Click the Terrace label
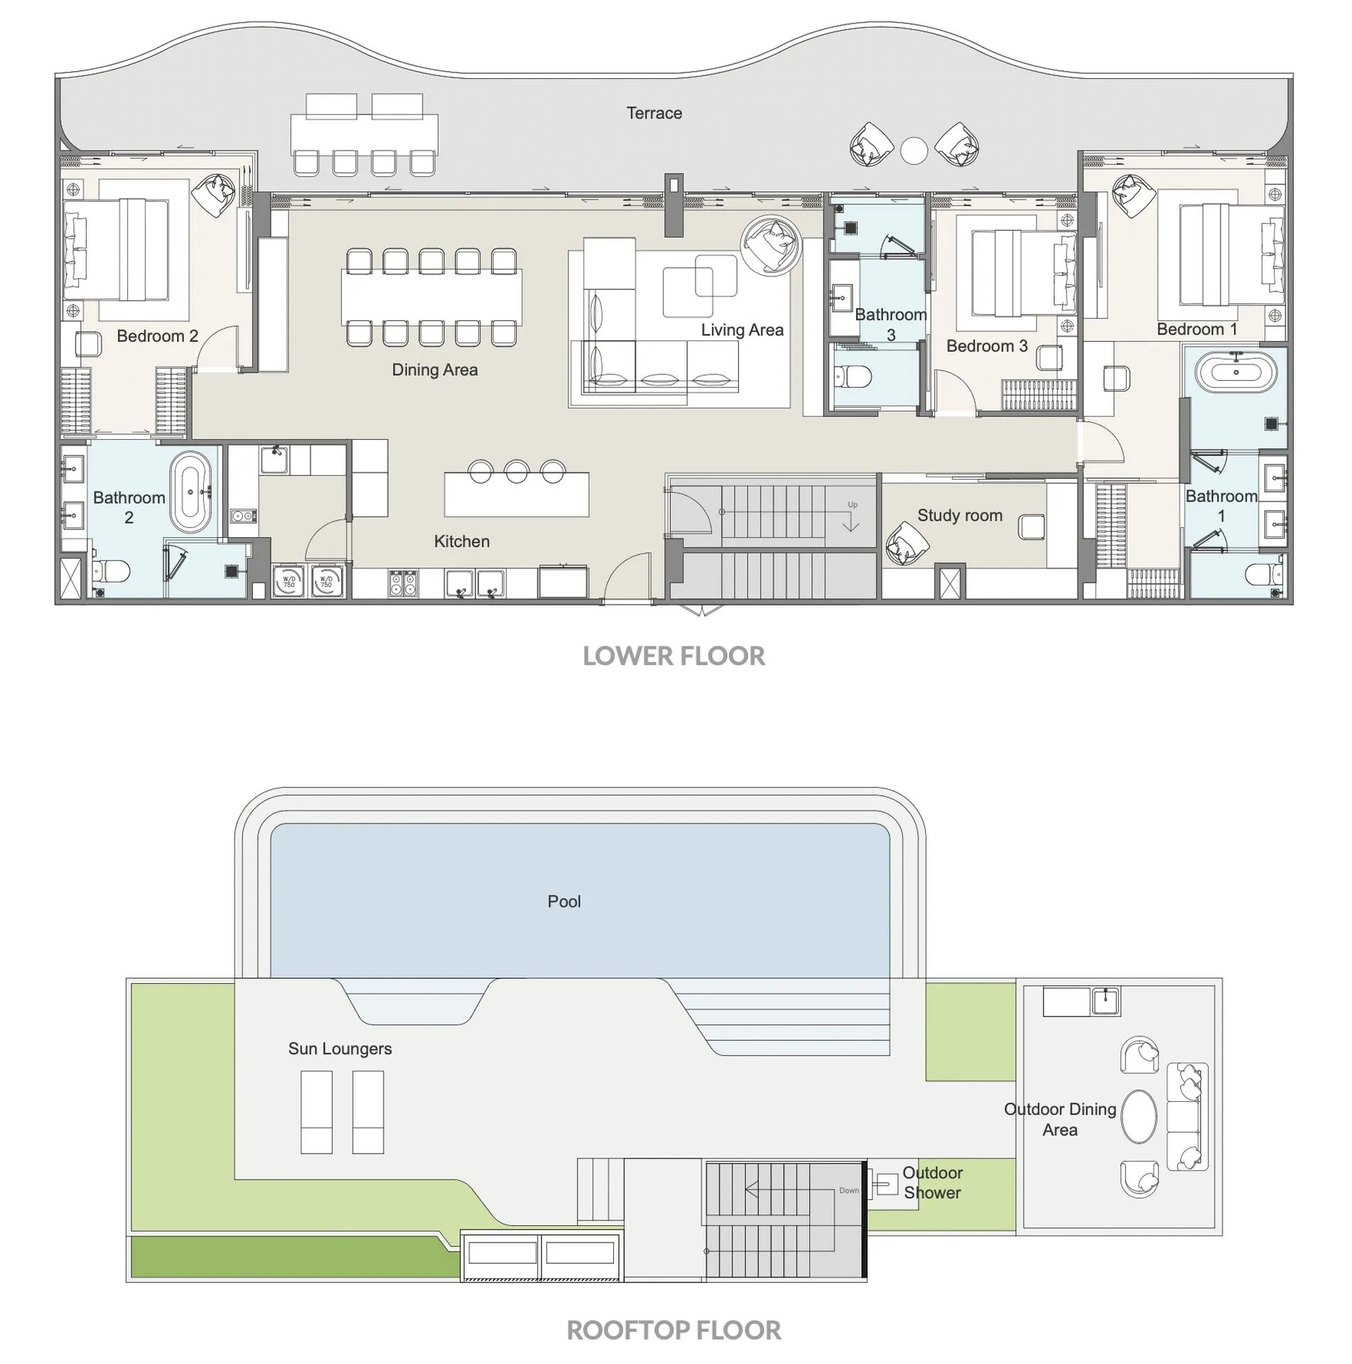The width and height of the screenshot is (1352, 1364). coord(654,113)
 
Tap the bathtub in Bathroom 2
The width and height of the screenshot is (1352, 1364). coord(190,492)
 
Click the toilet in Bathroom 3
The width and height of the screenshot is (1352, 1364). coord(850,377)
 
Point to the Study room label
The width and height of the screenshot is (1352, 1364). coord(959,515)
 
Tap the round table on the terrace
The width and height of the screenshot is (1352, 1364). coord(914,151)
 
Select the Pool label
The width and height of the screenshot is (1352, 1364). coord(564,902)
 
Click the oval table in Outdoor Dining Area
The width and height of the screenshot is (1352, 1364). coord(1139,1117)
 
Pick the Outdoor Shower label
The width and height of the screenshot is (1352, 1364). coord(932,1183)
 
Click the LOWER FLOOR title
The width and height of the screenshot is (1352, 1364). coord(674,656)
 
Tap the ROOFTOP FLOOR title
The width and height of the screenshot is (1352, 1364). coord(674,1330)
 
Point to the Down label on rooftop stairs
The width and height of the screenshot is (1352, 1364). coord(848,1191)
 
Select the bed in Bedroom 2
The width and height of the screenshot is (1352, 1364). coord(117,249)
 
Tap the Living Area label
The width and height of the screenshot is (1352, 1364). coord(742,330)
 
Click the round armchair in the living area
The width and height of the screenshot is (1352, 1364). coord(770,244)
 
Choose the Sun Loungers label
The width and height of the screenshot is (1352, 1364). coord(340,1049)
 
